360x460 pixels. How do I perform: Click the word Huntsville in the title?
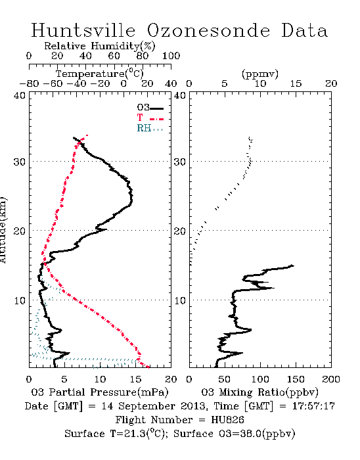83,30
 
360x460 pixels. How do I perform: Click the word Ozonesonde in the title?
208,30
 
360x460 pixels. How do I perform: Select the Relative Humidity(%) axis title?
100,46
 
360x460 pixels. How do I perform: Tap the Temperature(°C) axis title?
100,74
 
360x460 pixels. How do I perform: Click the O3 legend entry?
150,108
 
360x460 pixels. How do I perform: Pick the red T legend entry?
150,118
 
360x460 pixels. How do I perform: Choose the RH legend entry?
150,128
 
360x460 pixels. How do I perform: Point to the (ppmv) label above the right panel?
260,74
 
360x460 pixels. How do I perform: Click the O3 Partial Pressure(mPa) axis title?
100,392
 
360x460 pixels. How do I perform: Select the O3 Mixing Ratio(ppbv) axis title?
259,392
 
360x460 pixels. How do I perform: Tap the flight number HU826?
227,420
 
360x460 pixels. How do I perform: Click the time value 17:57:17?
313,406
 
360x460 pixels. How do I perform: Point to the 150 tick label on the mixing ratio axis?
296,379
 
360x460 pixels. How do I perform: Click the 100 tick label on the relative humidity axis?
171,56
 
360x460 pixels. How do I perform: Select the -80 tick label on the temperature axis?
29,83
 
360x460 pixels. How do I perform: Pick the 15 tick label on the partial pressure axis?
135,379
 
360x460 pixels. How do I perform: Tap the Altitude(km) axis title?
3,231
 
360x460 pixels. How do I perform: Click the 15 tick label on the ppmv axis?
296,83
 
